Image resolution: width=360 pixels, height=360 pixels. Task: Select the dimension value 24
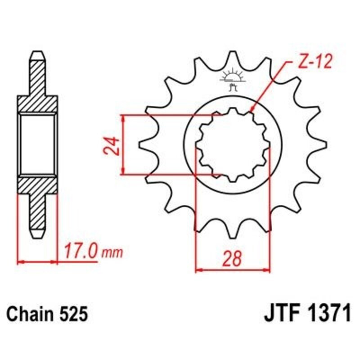click(x=112, y=145)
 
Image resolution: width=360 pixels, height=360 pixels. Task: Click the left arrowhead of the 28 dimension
click(x=198, y=271)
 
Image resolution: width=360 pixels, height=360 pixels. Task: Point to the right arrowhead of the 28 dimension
click(x=268, y=271)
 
